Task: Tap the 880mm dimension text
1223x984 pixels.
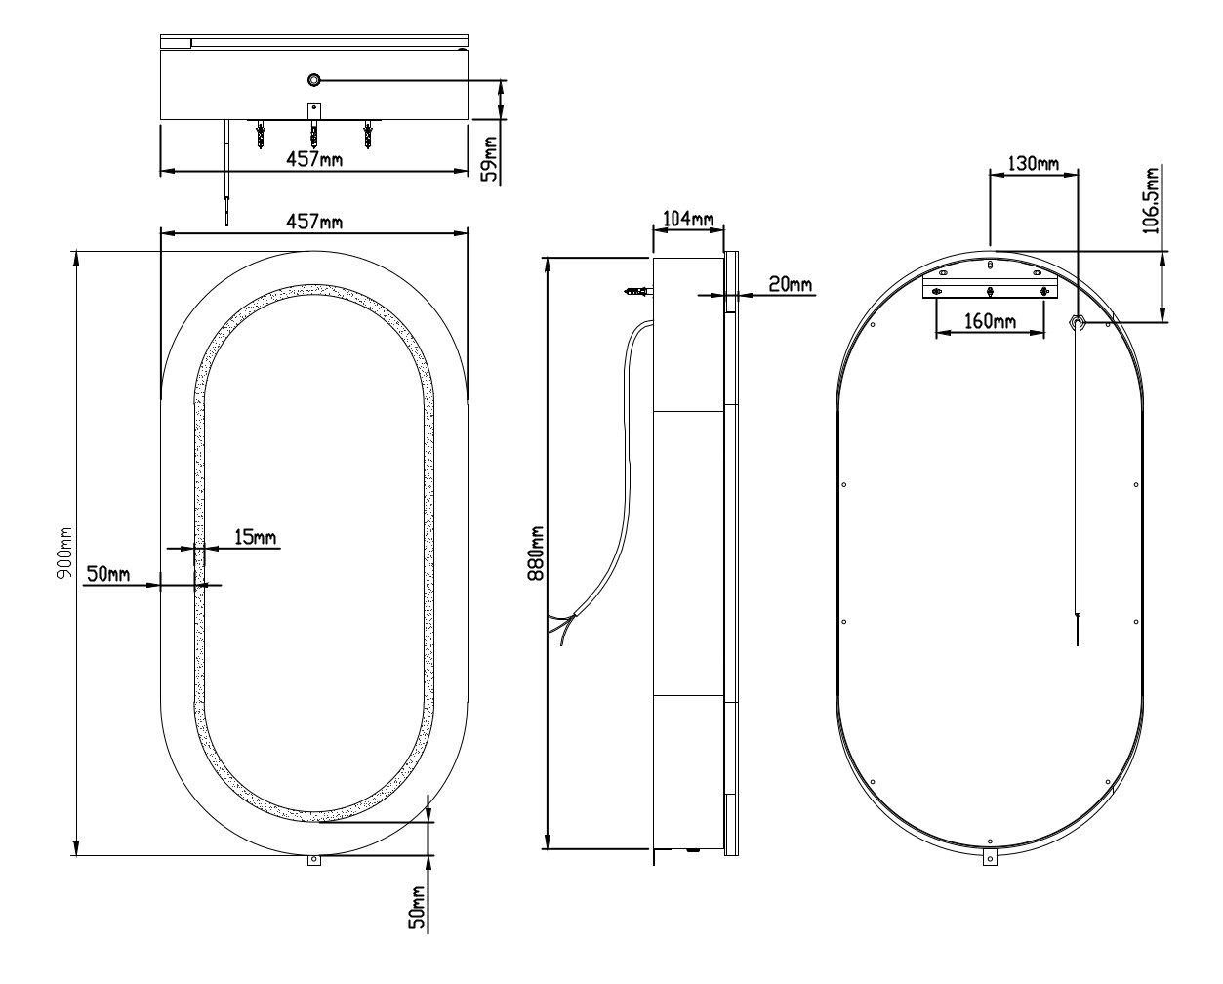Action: (535, 553)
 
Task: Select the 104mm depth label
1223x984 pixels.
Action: (688, 220)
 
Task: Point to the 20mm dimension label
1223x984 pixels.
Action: (790, 284)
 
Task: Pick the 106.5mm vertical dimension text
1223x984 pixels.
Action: (1154, 201)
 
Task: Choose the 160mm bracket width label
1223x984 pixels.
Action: (990, 320)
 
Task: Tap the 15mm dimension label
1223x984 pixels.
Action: (255, 537)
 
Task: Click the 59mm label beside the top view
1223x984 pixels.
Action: (489, 159)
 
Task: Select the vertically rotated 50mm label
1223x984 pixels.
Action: (417, 907)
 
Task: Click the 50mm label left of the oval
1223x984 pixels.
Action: (107, 574)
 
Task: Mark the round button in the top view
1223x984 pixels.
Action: (314, 79)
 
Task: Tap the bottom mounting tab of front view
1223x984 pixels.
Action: (313, 861)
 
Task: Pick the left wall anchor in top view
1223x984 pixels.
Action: (261, 135)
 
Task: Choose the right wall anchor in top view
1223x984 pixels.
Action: (368, 135)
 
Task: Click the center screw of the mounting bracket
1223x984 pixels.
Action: (991, 291)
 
